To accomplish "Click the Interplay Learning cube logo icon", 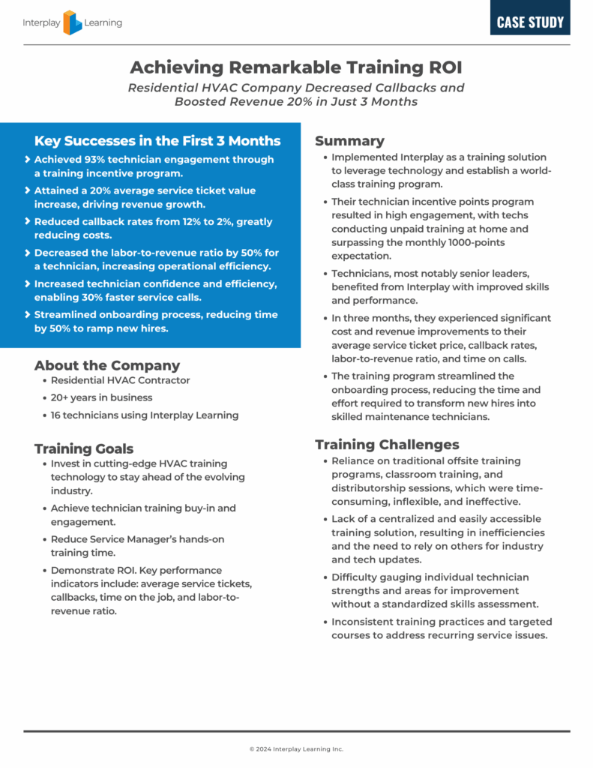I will [73, 22].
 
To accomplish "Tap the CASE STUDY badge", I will [530, 22].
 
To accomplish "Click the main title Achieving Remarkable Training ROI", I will [296, 67].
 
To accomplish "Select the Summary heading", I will [349, 141].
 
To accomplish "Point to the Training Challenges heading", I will [387, 445].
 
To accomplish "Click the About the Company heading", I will [107, 365].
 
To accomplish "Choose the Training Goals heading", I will [84, 448].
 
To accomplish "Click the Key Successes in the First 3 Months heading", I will [157, 141].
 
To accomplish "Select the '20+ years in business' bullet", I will [101, 397].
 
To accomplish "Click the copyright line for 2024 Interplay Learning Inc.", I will [296, 748].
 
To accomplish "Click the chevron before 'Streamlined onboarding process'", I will [28, 315].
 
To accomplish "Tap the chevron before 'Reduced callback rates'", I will [28, 222].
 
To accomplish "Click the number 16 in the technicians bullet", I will [57, 415].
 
